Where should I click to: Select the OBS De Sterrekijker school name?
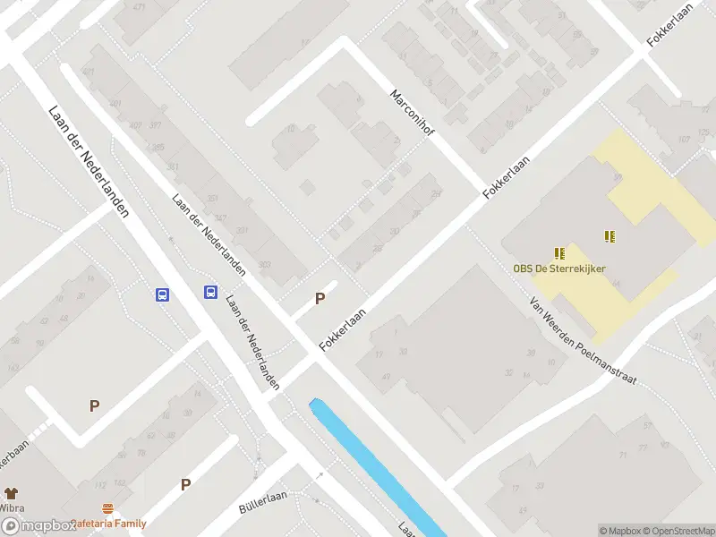click(x=558, y=268)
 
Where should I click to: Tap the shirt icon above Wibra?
click(x=11, y=493)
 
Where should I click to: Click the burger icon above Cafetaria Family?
click(x=107, y=508)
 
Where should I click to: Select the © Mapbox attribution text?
click(x=619, y=531)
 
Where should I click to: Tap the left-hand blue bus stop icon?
click(x=163, y=294)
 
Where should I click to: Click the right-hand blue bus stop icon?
click(x=210, y=292)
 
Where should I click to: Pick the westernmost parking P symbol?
click(x=94, y=405)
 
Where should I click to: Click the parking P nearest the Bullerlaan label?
click(x=186, y=484)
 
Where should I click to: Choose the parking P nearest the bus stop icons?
click(x=320, y=299)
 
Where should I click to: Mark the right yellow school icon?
click(x=609, y=236)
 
